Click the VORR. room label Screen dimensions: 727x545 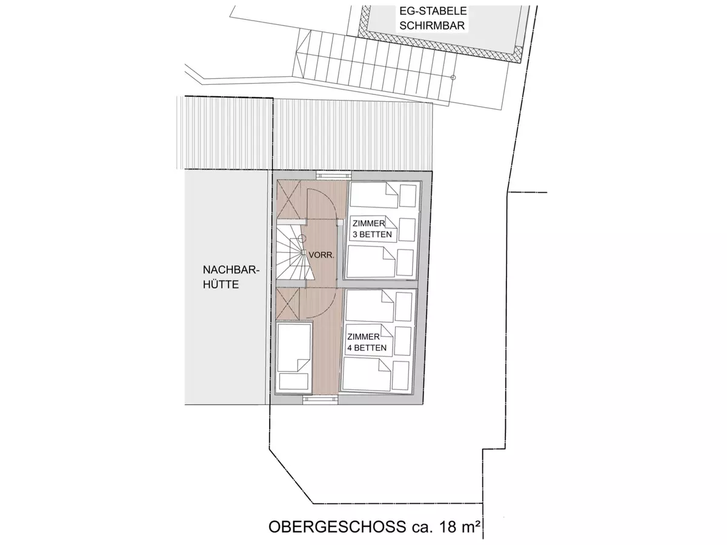[321, 255]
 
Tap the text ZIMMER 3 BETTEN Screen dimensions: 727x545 [372, 229]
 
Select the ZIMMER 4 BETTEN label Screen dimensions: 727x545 [367, 342]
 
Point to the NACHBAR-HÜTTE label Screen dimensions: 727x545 [231, 277]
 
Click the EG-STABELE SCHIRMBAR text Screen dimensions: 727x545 [433, 18]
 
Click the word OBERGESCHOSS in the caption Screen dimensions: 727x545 [337, 527]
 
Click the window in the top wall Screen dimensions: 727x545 [333, 176]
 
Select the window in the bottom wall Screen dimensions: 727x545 [320, 400]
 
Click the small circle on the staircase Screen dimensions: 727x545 [301, 238]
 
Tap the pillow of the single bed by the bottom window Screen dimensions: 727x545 [294, 381]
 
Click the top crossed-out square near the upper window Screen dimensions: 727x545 [288, 199]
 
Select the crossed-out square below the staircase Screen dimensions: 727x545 [288, 304]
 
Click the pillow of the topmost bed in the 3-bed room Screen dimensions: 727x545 [408, 196]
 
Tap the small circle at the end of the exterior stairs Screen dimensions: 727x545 [453, 78]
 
